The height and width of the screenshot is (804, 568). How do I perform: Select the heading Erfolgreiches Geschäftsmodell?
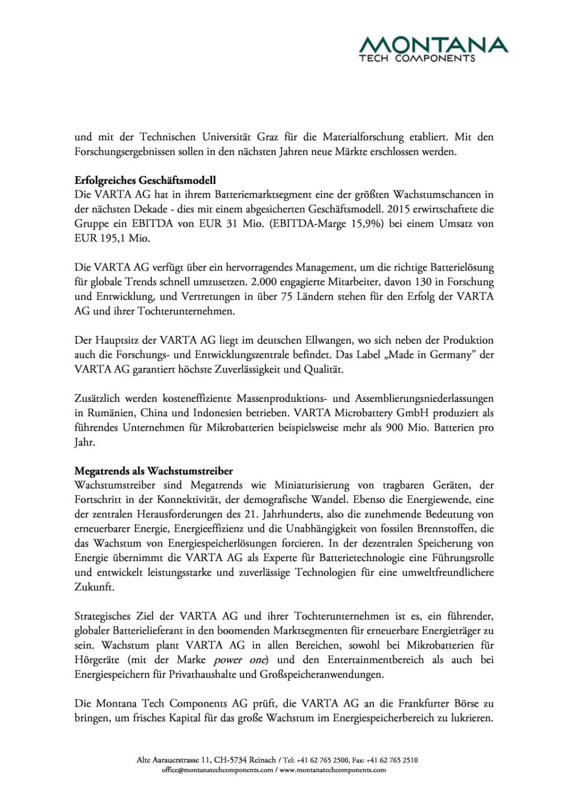click(x=145, y=180)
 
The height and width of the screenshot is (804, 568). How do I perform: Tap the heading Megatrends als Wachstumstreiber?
click(x=153, y=471)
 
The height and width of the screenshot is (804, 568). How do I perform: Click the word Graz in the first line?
click(x=267, y=137)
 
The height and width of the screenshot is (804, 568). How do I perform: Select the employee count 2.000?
click(x=265, y=282)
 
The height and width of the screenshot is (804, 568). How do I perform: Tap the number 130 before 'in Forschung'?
click(x=423, y=282)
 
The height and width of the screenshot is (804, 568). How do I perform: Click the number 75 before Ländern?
click(x=286, y=296)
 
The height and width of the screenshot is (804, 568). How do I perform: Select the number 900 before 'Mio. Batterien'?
click(x=394, y=428)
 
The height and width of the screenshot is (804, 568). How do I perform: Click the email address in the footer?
click(x=218, y=770)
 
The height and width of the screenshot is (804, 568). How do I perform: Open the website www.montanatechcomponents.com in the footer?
click(x=333, y=770)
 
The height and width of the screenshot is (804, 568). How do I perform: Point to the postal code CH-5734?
click(x=230, y=760)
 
